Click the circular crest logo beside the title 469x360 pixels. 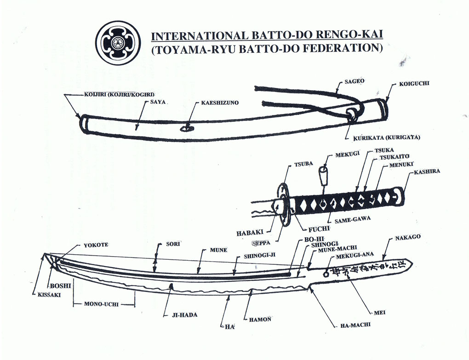[x=118, y=43]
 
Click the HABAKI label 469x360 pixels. [x=250, y=233]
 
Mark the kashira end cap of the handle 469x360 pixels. [x=401, y=195]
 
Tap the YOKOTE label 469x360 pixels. [x=96, y=245]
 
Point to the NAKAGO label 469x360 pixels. [x=407, y=237]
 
